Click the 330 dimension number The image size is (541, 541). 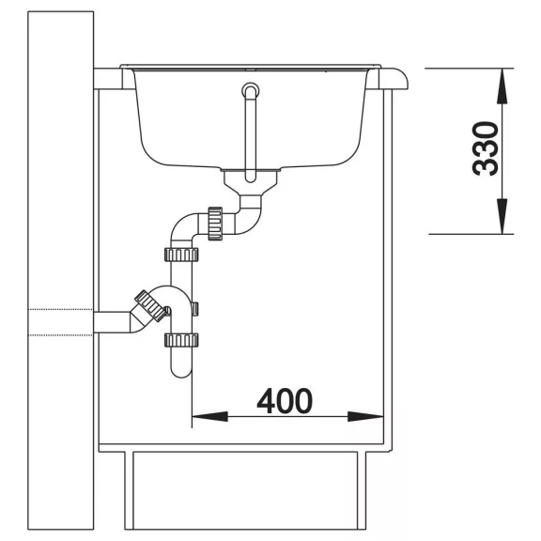click(x=486, y=148)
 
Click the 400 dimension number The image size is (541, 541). click(x=285, y=401)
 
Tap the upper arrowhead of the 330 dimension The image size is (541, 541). click(x=502, y=85)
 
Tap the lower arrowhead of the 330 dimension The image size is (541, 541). click(x=502, y=216)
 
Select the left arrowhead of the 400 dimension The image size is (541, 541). click(x=209, y=417)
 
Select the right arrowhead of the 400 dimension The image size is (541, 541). click(x=365, y=417)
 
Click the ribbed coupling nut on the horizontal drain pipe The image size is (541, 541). click(x=215, y=224)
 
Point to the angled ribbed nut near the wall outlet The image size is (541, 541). click(x=150, y=305)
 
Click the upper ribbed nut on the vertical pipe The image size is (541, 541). click(x=181, y=255)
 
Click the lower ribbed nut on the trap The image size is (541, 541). click(x=181, y=340)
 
